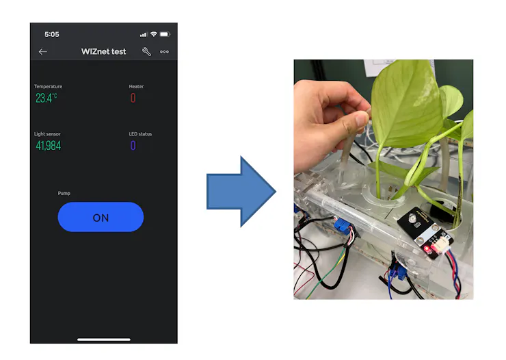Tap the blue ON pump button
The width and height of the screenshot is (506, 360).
(x=101, y=217)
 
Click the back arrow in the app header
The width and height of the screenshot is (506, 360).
(x=43, y=51)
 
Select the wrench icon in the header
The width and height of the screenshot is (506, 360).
(x=146, y=51)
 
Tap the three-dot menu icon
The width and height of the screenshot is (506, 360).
(x=164, y=51)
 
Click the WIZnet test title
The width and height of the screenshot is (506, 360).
(x=103, y=51)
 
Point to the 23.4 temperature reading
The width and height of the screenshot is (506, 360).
(x=46, y=98)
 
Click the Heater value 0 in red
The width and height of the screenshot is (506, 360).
(x=133, y=98)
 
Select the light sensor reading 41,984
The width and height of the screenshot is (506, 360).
(x=49, y=146)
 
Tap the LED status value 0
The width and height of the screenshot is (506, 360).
(x=133, y=146)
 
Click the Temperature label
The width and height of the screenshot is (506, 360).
(x=48, y=86)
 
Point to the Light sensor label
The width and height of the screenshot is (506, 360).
(x=47, y=134)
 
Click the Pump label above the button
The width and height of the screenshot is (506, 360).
(x=64, y=194)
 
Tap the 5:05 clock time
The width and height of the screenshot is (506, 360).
(x=52, y=34)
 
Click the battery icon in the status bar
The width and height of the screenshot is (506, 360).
(x=165, y=34)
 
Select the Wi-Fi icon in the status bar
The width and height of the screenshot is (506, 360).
(x=154, y=34)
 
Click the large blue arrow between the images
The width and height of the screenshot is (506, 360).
(x=241, y=192)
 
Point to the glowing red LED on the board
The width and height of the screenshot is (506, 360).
(x=427, y=249)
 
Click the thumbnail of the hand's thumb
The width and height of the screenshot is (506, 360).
(x=362, y=120)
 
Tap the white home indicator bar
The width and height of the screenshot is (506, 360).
(x=104, y=339)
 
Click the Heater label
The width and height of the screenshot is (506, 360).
(x=136, y=86)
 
